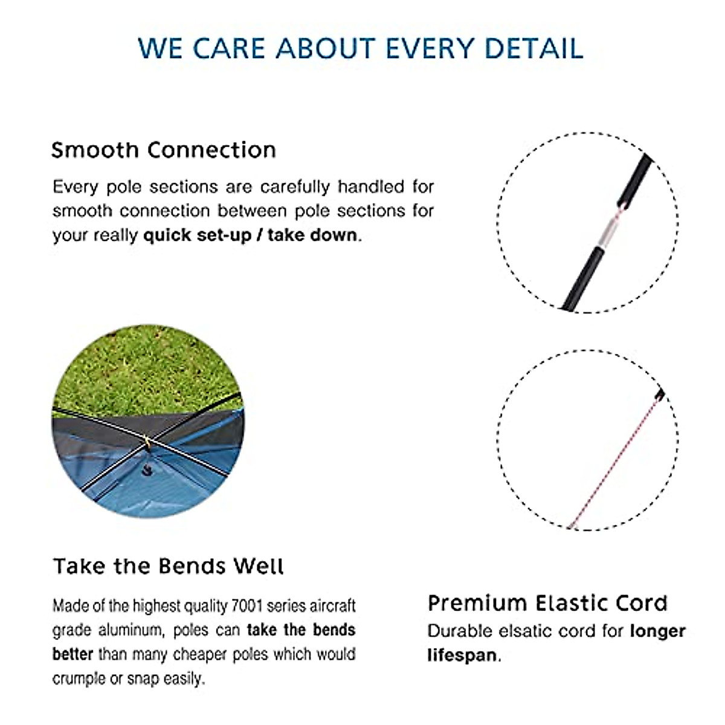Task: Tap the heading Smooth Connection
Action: (x=163, y=150)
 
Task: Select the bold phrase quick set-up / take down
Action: (x=250, y=234)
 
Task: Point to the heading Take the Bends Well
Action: (x=168, y=566)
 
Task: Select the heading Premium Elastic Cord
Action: (x=547, y=603)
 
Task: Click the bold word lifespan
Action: (x=462, y=655)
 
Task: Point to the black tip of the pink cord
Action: (x=660, y=395)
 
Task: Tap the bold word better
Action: (x=72, y=654)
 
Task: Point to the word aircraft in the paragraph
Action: (x=332, y=605)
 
